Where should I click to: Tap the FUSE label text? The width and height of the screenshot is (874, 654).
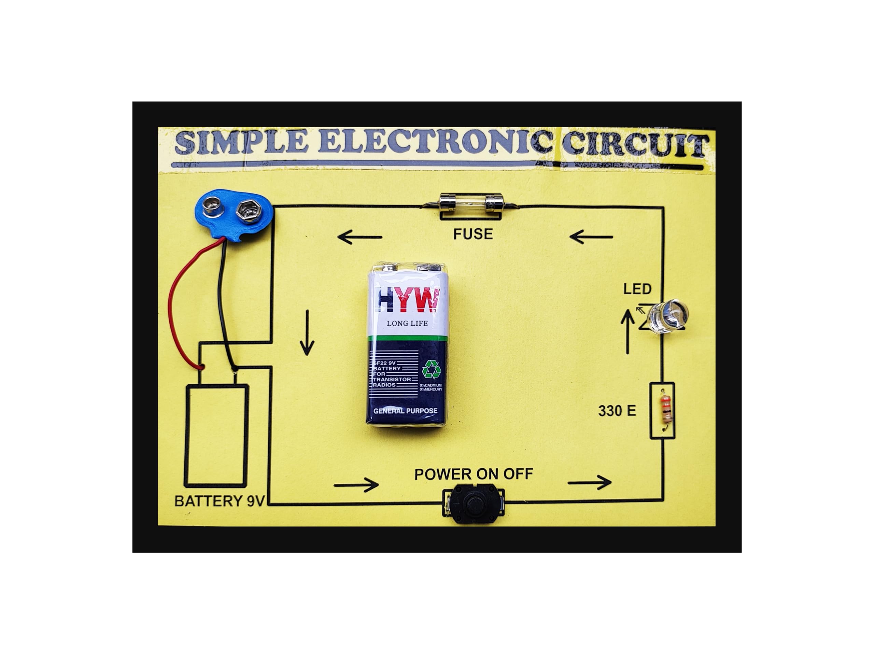[473, 234]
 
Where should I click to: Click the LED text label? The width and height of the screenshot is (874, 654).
[637, 289]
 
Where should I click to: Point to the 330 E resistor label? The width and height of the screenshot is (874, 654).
[617, 411]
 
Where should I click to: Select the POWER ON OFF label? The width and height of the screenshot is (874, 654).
[473, 474]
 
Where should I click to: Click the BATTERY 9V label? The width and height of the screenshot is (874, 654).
[219, 501]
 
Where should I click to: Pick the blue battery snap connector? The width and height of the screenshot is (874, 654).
[233, 213]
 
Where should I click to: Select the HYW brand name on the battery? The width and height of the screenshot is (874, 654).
[409, 300]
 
